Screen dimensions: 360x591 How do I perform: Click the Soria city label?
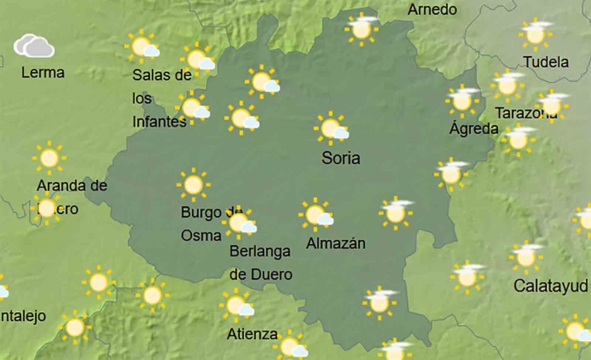pyautogui.click(x=342, y=157)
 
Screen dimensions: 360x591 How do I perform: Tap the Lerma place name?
pyautogui.click(x=43, y=73)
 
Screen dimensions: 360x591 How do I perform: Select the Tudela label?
pyautogui.click(x=546, y=62)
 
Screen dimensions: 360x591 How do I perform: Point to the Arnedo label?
pyautogui.click(x=432, y=10)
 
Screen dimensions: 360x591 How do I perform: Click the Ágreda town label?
pyautogui.click(x=473, y=128)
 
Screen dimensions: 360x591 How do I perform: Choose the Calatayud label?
pyautogui.click(x=551, y=286)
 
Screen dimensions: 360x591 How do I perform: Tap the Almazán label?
pyautogui.click(x=335, y=243)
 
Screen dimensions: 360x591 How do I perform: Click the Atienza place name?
pyautogui.click(x=252, y=334)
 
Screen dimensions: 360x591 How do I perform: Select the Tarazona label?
pyautogui.click(x=523, y=113)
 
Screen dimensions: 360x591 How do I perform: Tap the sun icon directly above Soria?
pyautogui.click(x=332, y=128)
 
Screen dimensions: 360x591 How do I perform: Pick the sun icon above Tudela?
pyautogui.click(x=535, y=35)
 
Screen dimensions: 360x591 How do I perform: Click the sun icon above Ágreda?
pyautogui.click(x=463, y=99)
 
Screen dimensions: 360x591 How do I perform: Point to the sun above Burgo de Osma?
pyautogui.click(x=195, y=185)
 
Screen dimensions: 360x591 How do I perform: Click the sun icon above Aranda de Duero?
pyautogui.click(x=49, y=156)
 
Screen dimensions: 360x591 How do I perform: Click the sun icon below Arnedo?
pyautogui.click(x=361, y=28)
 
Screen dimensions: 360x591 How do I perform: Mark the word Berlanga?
pyautogui.click(x=260, y=255)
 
